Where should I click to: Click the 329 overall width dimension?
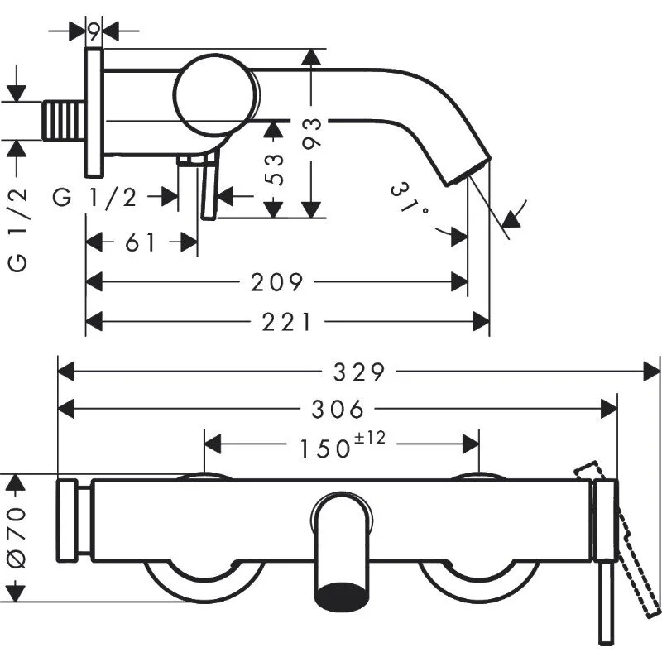pos(359,372)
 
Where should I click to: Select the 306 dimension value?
pos(340,408)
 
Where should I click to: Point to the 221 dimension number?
pos(287,320)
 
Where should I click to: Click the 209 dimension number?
pos(277,283)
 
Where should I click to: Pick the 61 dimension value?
pos(142,242)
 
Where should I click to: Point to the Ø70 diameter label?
pos(17,538)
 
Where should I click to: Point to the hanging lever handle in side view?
pos(208,189)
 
